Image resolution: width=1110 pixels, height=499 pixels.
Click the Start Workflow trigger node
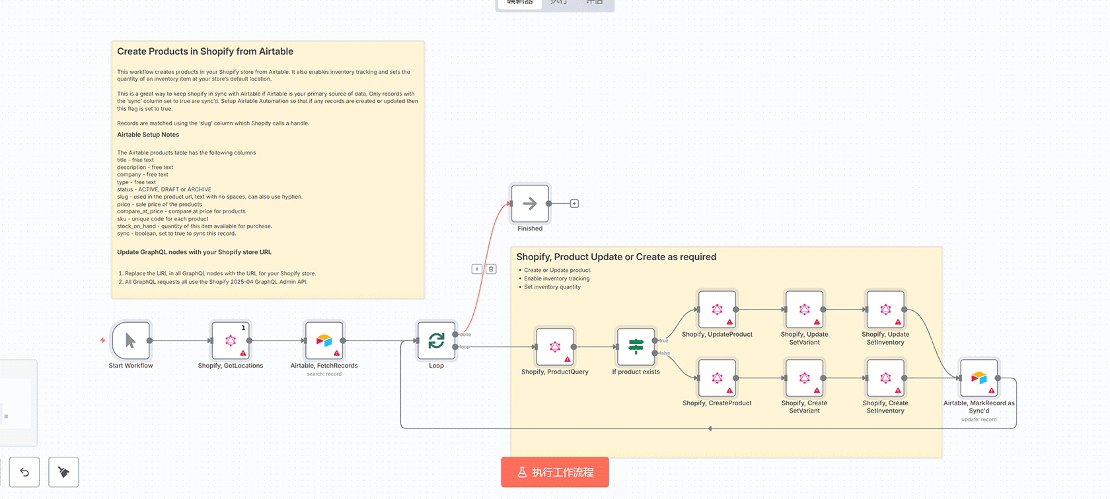coord(131,341)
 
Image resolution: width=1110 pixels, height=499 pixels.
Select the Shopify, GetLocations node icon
coord(231,341)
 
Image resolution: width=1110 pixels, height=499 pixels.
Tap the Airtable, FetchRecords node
coord(324,341)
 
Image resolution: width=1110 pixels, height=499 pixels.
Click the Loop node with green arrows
coord(436,341)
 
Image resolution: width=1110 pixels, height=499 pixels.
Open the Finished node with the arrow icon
coord(530,204)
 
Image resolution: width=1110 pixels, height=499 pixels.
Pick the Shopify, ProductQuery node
coord(555,347)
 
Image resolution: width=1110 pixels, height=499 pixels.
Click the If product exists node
coord(636,347)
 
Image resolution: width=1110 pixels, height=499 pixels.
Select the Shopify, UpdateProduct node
coord(717,310)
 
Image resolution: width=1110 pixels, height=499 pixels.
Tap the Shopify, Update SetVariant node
coord(804,310)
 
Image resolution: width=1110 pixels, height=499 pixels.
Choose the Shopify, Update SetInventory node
coord(885,310)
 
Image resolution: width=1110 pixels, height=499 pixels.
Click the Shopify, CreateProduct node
coord(717,378)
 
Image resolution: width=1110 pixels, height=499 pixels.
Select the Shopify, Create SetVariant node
coord(804,378)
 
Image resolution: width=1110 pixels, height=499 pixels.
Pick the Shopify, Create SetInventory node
coord(885,378)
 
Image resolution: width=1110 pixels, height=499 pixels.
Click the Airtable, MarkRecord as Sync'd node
coord(979,378)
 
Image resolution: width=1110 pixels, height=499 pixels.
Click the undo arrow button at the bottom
coord(24,472)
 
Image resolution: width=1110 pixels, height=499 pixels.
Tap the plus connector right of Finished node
coord(574,204)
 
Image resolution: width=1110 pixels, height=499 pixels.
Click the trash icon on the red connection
coord(491,269)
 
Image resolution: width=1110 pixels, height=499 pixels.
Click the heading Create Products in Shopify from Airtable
coord(205,51)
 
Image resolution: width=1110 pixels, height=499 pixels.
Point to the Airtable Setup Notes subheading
coord(148,135)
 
